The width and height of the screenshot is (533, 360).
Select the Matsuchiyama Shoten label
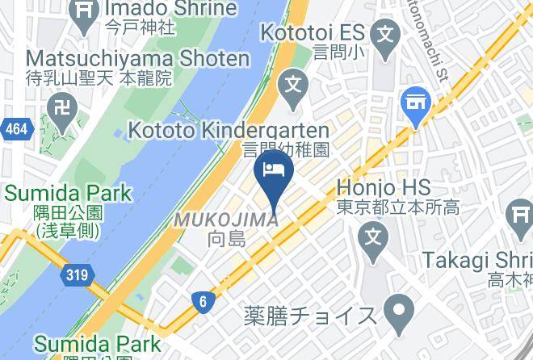pos(137,59)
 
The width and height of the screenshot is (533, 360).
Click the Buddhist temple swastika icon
pos(61,107)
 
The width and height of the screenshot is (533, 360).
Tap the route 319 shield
pos(76,275)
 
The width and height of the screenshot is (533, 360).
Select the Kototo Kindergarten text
pos(229,131)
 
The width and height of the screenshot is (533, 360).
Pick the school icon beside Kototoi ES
pos(387,34)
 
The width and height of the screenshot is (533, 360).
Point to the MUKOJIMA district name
pos(228,220)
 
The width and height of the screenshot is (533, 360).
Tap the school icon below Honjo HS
pos(372,237)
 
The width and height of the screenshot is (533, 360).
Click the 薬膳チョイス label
pos(310,315)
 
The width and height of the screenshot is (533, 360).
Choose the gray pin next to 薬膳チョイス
pos(397,308)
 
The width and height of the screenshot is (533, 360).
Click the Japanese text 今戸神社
pos(141,27)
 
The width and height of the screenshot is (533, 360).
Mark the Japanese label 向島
pos(227,239)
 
